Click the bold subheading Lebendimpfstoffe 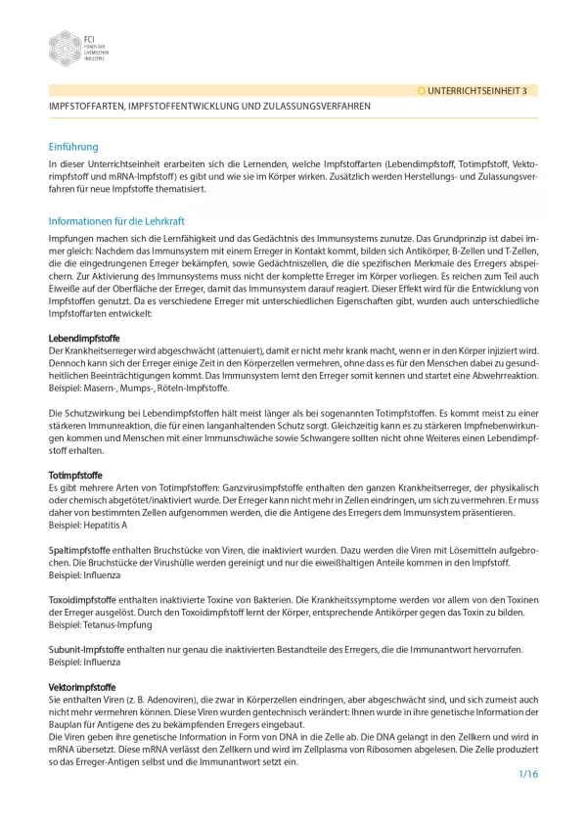tap(84, 339)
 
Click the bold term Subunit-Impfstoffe tap(86, 649)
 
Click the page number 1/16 tap(528, 774)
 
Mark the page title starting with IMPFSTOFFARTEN tap(209, 106)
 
